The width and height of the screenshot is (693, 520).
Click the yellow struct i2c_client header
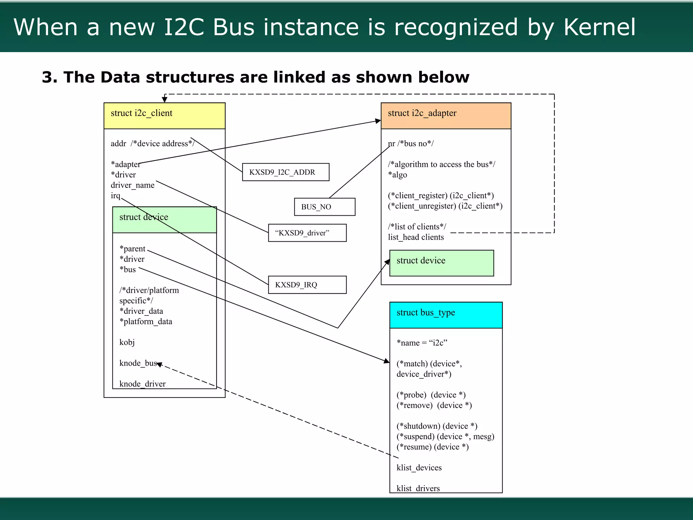[164, 115]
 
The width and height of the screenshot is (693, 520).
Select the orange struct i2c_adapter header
[446, 115]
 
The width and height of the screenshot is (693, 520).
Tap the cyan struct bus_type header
[446, 315]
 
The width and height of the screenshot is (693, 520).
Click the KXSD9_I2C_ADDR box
[285, 172]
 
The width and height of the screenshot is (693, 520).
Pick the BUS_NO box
[325, 207]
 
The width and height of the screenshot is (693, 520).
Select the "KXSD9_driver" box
[307, 233]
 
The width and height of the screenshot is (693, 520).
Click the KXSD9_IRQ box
[307, 285]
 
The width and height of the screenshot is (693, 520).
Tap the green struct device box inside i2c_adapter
[441, 263]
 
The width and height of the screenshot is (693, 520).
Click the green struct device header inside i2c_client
[164, 219]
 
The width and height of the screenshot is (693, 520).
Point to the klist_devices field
[419, 468]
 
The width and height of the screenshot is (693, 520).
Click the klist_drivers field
[418, 488]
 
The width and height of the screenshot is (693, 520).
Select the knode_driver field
[142, 384]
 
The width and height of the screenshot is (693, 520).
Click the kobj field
[127, 342]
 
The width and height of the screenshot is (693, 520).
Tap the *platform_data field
[146, 322]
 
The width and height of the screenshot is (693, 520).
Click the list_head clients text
[416, 237]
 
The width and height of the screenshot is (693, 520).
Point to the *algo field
[398, 175]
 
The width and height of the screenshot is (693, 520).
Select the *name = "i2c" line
[422, 343]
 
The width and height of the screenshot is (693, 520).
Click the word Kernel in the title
[599, 27]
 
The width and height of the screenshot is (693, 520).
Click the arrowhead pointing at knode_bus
[159, 364]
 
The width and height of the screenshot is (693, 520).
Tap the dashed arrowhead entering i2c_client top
[164, 100]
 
